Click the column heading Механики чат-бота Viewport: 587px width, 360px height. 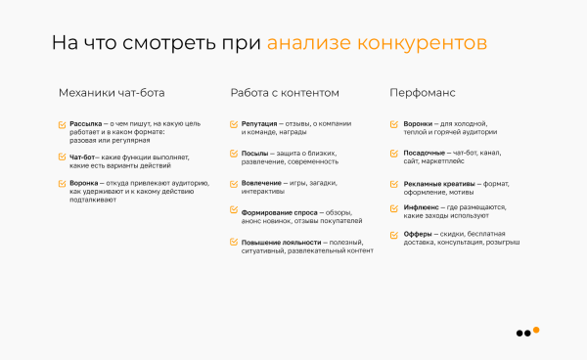[112, 93]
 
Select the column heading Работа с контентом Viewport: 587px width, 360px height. [285, 93]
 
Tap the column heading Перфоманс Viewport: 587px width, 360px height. [423, 93]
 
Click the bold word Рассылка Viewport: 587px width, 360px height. [86, 125]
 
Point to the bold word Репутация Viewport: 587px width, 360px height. [258, 125]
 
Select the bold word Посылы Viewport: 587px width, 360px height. [254, 154]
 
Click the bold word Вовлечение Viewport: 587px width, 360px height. [260, 183]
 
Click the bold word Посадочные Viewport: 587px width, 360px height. [426, 154]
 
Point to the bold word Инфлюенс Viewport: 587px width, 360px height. [422, 206]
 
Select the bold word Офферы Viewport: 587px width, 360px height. [418, 235]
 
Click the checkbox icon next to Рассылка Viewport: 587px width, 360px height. [62, 125]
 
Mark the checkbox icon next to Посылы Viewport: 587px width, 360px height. [233, 154]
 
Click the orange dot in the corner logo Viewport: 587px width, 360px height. [536, 329]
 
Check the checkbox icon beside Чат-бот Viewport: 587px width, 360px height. [62, 157]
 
